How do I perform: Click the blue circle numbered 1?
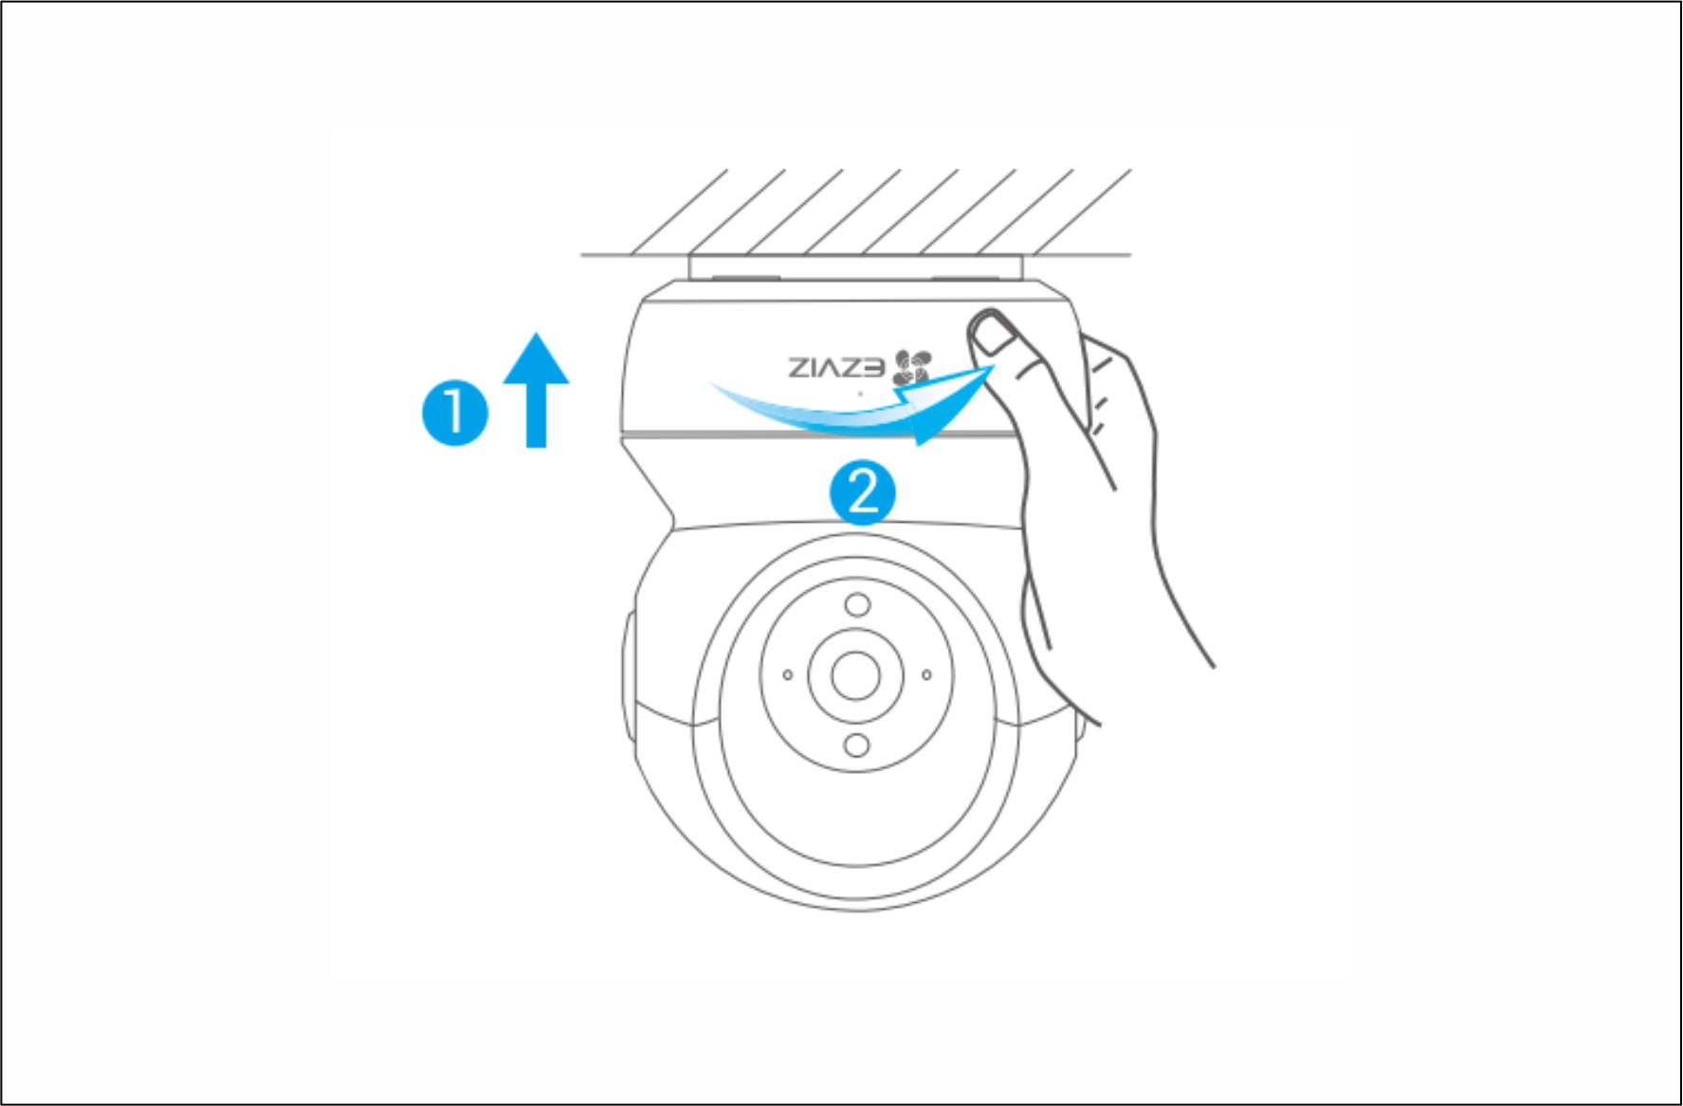(455, 413)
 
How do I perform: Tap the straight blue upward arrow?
(536, 389)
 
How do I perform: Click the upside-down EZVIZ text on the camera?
(835, 367)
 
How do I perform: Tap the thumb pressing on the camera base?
(1005, 356)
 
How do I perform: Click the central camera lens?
(855, 675)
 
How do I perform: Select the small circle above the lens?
(857, 604)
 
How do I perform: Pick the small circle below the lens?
(856, 745)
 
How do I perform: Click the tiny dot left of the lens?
(787, 674)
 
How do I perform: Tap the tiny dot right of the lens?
(926, 674)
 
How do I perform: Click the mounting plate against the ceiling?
(856, 267)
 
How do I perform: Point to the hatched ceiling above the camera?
(856, 212)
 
